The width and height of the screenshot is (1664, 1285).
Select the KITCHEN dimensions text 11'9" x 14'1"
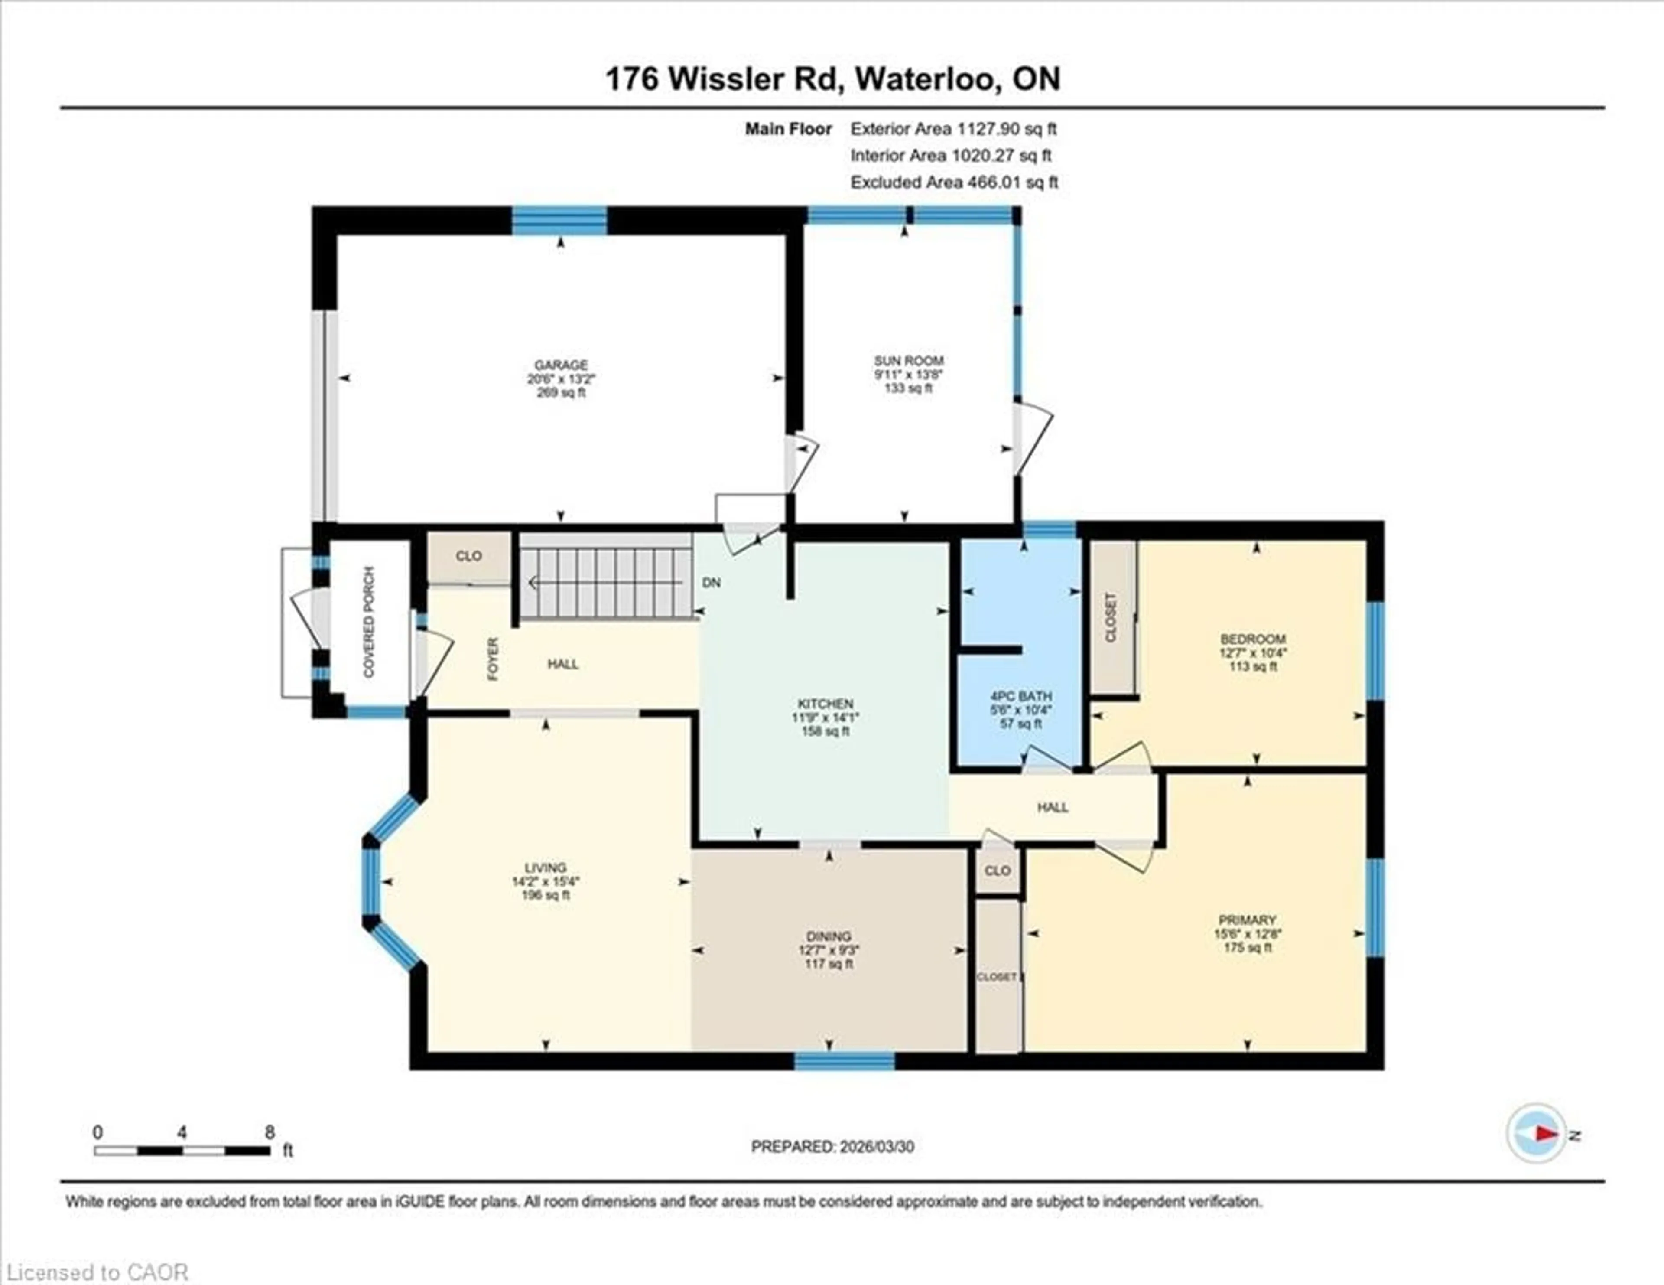point(825,717)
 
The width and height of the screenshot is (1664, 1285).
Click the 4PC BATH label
point(1020,696)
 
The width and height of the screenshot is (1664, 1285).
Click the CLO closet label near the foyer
point(468,556)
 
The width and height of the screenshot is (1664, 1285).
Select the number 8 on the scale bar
point(269,1132)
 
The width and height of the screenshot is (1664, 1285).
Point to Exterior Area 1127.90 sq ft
point(953,129)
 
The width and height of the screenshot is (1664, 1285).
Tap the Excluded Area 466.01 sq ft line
point(954,182)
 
